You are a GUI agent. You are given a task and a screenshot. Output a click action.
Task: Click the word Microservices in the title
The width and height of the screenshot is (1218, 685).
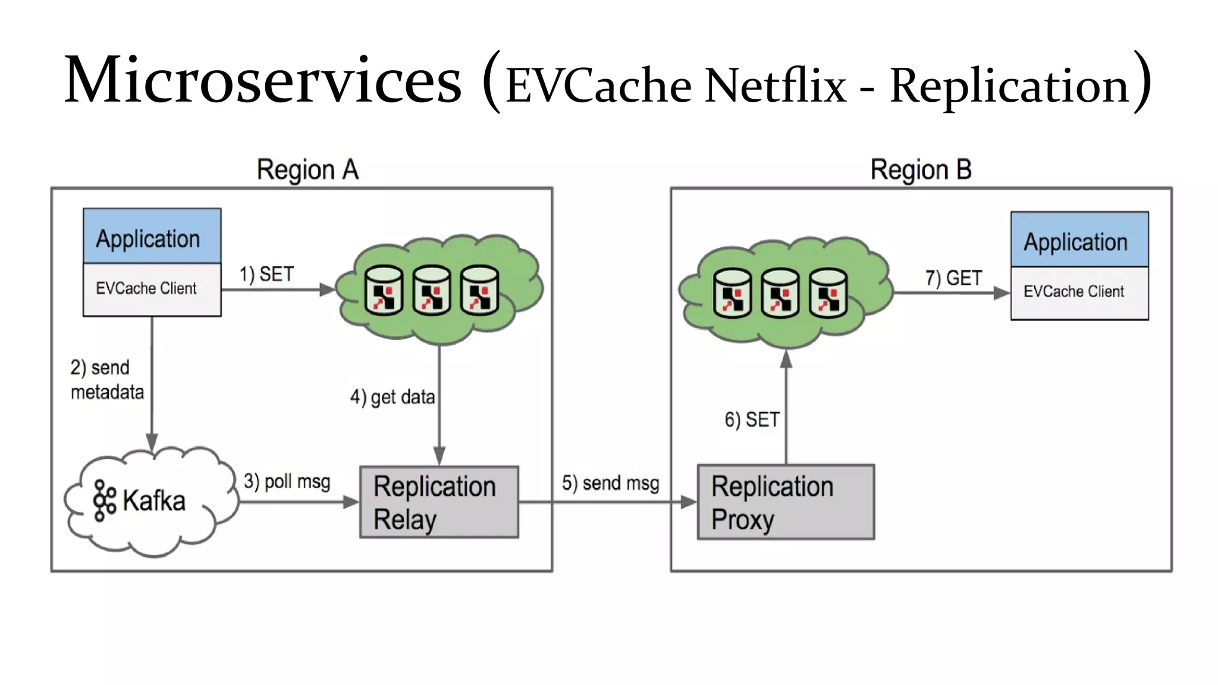pyautogui.click(x=262, y=81)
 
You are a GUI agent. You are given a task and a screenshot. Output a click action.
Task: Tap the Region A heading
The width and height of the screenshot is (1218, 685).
pyautogui.click(x=307, y=170)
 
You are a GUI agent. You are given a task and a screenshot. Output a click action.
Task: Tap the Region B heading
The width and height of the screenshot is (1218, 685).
pyautogui.click(x=921, y=170)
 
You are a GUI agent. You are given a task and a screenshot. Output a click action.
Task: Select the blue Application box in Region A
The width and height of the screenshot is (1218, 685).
pyautogui.click(x=152, y=237)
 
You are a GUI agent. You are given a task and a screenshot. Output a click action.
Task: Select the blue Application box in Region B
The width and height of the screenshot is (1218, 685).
pyautogui.click(x=1079, y=240)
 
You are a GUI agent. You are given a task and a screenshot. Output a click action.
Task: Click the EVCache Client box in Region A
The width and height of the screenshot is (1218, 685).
pyautogui.click(x=152, y=289)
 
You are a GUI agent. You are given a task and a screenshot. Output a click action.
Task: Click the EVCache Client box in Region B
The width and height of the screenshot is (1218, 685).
pyautogui.click(x=1079, y=293)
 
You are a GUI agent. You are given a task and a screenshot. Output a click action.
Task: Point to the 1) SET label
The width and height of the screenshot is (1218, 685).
pyautogui.click(x=266, y=274)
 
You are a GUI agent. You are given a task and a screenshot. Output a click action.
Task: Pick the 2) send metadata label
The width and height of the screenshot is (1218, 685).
pyautogui.click(x=107, y=380)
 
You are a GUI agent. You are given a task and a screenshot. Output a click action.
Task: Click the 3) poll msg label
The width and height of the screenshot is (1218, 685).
pyautogui.click(x=287, y=481)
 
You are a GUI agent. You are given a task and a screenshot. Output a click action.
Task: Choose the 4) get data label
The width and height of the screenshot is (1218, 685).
pyautogui.click(x=393, y=397)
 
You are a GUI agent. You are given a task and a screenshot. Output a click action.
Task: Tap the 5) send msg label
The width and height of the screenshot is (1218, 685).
pyautogui.click(x=610, y=483)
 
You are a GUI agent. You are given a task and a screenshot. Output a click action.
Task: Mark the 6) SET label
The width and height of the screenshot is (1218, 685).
pyautogui.click(x=752, y=420)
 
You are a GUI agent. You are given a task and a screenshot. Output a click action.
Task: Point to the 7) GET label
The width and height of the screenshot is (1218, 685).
pyautogui.click(x=953, y=278)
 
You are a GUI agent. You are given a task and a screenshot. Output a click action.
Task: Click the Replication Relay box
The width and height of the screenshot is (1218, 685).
pyautogui.click(x=439, y=502)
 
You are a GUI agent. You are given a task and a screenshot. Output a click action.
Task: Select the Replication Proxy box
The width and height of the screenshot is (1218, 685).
pyautogui.click(x=785, y=502)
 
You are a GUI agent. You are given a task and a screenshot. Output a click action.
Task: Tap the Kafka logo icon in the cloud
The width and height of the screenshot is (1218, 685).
pyautogui.click(x=105, y=501)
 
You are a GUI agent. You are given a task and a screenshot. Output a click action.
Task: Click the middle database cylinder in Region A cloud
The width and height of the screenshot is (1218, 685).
pyautogui.click(x=432, y=290)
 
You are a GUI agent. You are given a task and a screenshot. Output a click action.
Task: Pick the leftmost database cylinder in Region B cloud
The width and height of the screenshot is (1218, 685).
pyautogui.click(x=732, y=293)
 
